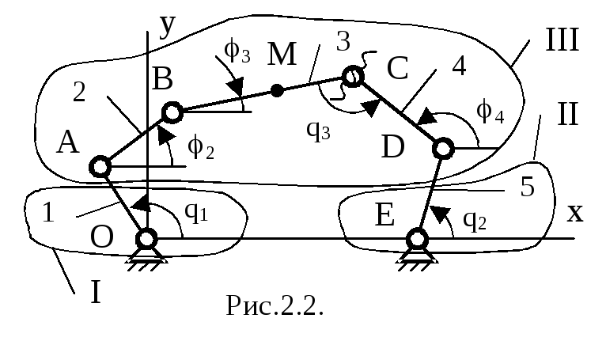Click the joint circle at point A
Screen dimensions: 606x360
click(x=100, y=167)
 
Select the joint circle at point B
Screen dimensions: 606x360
click(x=172, y=112)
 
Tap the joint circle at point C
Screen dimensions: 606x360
click(x=353, y=77)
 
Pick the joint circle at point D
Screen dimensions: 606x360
click(x=443, y=148)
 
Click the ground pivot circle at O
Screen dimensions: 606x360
click(x=146, y=239)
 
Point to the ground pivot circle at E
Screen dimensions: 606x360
click(x=417, y=239)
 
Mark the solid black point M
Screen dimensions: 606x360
click(x=276, y=91)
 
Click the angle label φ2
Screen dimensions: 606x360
click(x=201, y=148)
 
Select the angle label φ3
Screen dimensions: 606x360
click(x=237, y=51)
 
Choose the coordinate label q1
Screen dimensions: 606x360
click(x=196, y=212)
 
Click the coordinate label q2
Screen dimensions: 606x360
click(x=475, y=221)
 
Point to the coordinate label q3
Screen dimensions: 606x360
click(x=318, y=131)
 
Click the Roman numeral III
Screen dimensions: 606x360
click(x=562, y=40)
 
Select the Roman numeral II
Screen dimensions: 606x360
click(x=568, y=114)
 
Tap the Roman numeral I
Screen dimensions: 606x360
click(x=96, y=291)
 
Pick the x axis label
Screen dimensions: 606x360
click(x=575, y=213)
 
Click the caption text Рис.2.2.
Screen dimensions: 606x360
click(x=275, y=305)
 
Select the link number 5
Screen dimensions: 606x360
click(x=528, y=188)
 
